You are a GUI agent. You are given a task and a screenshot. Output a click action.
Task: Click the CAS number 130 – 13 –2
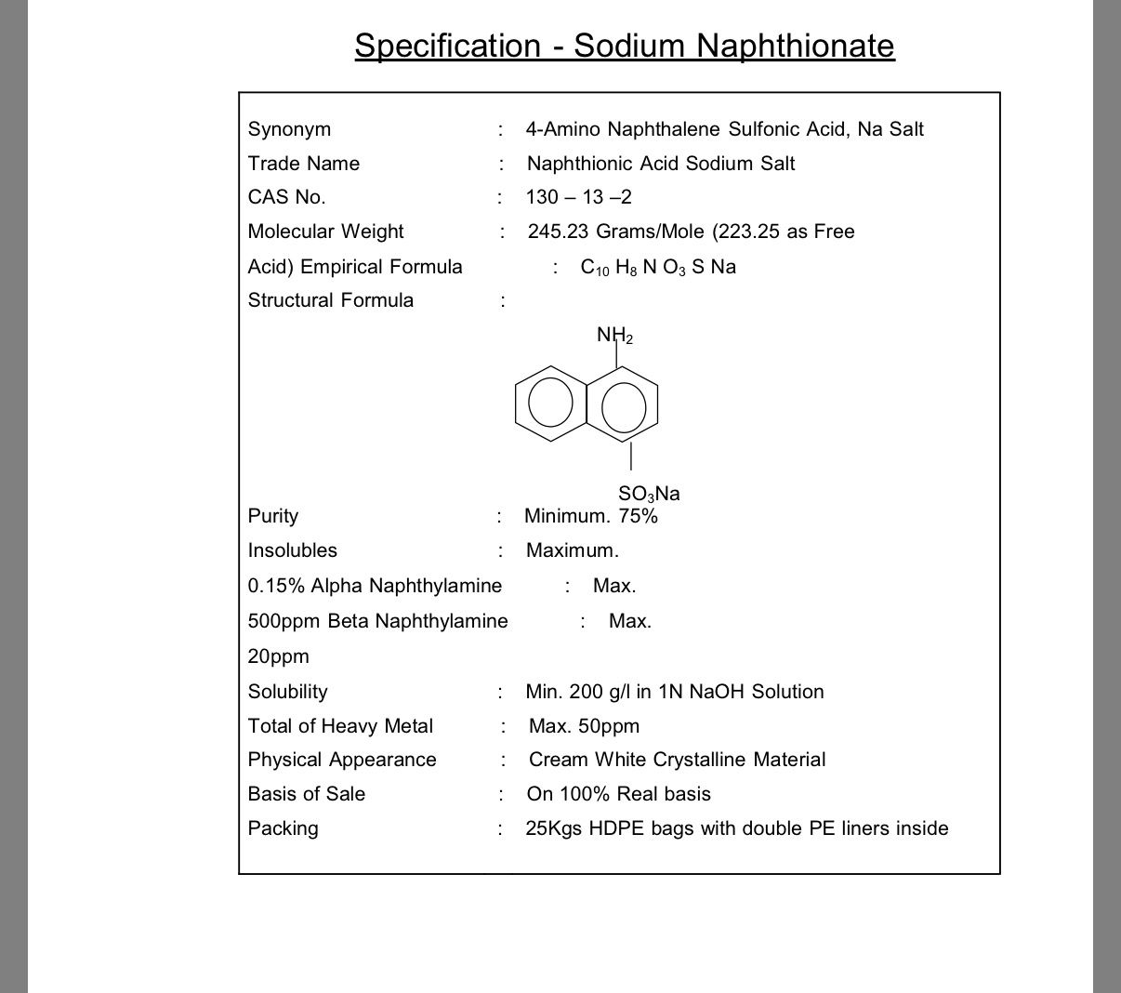578,197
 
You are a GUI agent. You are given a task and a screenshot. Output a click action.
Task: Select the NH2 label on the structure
614,335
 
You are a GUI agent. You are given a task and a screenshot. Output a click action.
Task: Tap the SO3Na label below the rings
649,494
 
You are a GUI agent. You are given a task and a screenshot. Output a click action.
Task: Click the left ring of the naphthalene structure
551,402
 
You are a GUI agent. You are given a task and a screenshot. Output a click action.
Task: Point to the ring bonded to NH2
624,403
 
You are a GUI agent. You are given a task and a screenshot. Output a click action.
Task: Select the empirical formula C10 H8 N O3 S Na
658,267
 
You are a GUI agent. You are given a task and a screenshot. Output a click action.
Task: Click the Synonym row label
289,129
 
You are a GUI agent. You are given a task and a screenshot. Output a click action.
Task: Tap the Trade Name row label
303,164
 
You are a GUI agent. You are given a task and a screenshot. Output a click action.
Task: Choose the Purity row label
273,516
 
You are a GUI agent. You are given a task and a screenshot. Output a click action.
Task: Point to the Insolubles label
293,550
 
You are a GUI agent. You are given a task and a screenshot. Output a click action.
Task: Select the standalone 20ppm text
278,656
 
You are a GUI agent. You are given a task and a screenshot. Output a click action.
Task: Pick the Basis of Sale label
307,794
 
